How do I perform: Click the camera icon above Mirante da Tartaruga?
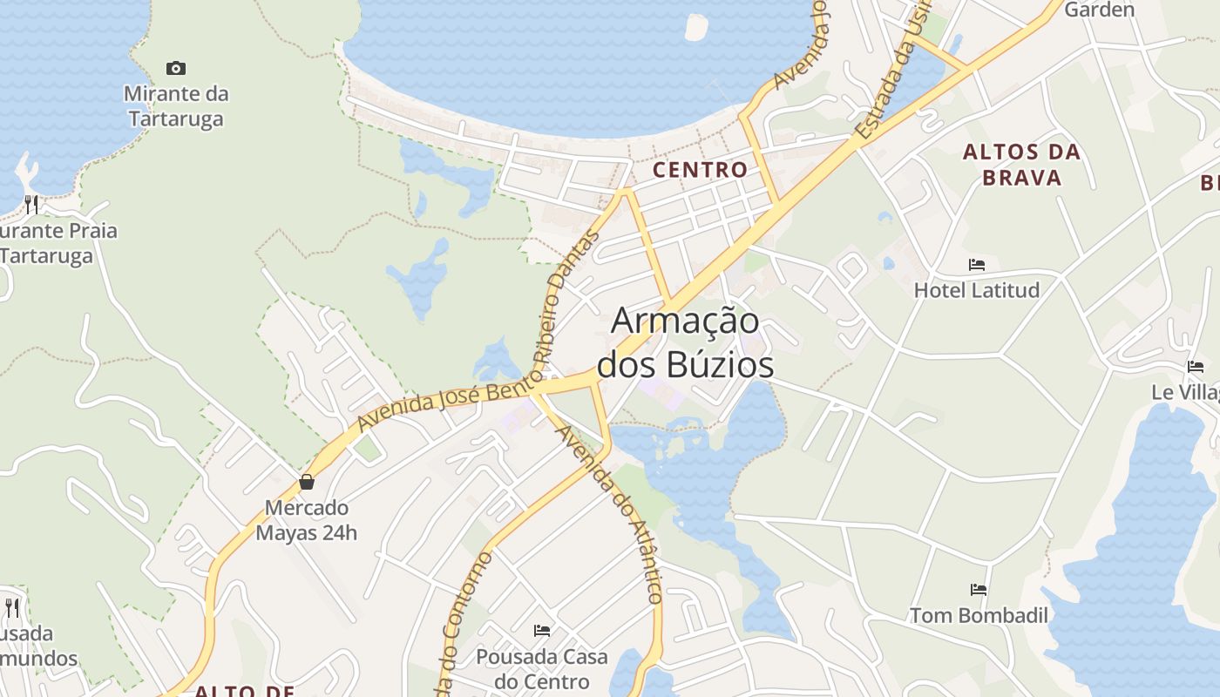point(176,68)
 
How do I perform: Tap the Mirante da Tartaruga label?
point(176,105)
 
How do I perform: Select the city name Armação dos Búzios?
point(685,342)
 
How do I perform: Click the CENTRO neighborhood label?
point(701,170)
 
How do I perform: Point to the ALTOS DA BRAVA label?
point(1021,165)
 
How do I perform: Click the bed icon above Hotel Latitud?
point(977,265)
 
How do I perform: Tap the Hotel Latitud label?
point(976,290)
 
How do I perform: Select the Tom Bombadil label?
point(979,615)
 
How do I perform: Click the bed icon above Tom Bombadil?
point(979,590)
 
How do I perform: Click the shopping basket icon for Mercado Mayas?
point(307,482)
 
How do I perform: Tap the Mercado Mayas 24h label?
point(306,520)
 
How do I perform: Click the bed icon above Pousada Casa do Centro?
point(542,631)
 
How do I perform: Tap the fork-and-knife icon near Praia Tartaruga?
point(31,204)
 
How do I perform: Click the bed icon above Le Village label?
point(1196,367)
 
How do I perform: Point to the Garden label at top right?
point(1099,10)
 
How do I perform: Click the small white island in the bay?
point(697,27)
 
